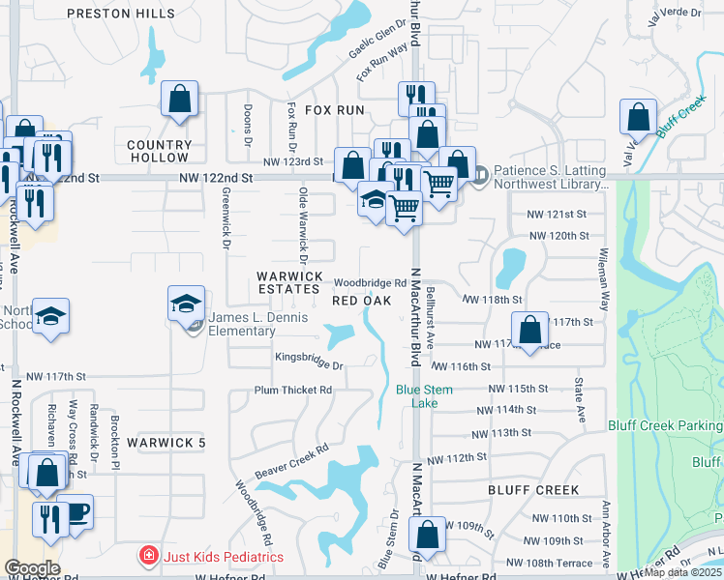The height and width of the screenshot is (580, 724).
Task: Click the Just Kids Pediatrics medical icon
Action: (148, 556)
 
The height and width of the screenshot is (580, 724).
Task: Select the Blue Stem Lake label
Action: (423, 396)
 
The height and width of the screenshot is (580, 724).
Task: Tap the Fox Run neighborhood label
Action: (335, 110)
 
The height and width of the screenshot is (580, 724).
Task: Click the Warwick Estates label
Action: (288, 282)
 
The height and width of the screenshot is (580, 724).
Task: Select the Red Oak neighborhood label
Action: (361, 301)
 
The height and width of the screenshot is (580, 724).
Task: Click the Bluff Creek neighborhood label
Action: (533, 490)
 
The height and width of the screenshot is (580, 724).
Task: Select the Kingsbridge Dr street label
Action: (310, 366)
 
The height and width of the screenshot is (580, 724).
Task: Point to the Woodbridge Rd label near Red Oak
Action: (369, 283)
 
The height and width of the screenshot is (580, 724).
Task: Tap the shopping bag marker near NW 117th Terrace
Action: (529, 330)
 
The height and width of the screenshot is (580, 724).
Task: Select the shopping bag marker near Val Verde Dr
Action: (639, 118)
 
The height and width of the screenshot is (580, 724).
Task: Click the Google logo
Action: (32, 568)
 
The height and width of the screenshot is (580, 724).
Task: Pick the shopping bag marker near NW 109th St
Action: (427, 535)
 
